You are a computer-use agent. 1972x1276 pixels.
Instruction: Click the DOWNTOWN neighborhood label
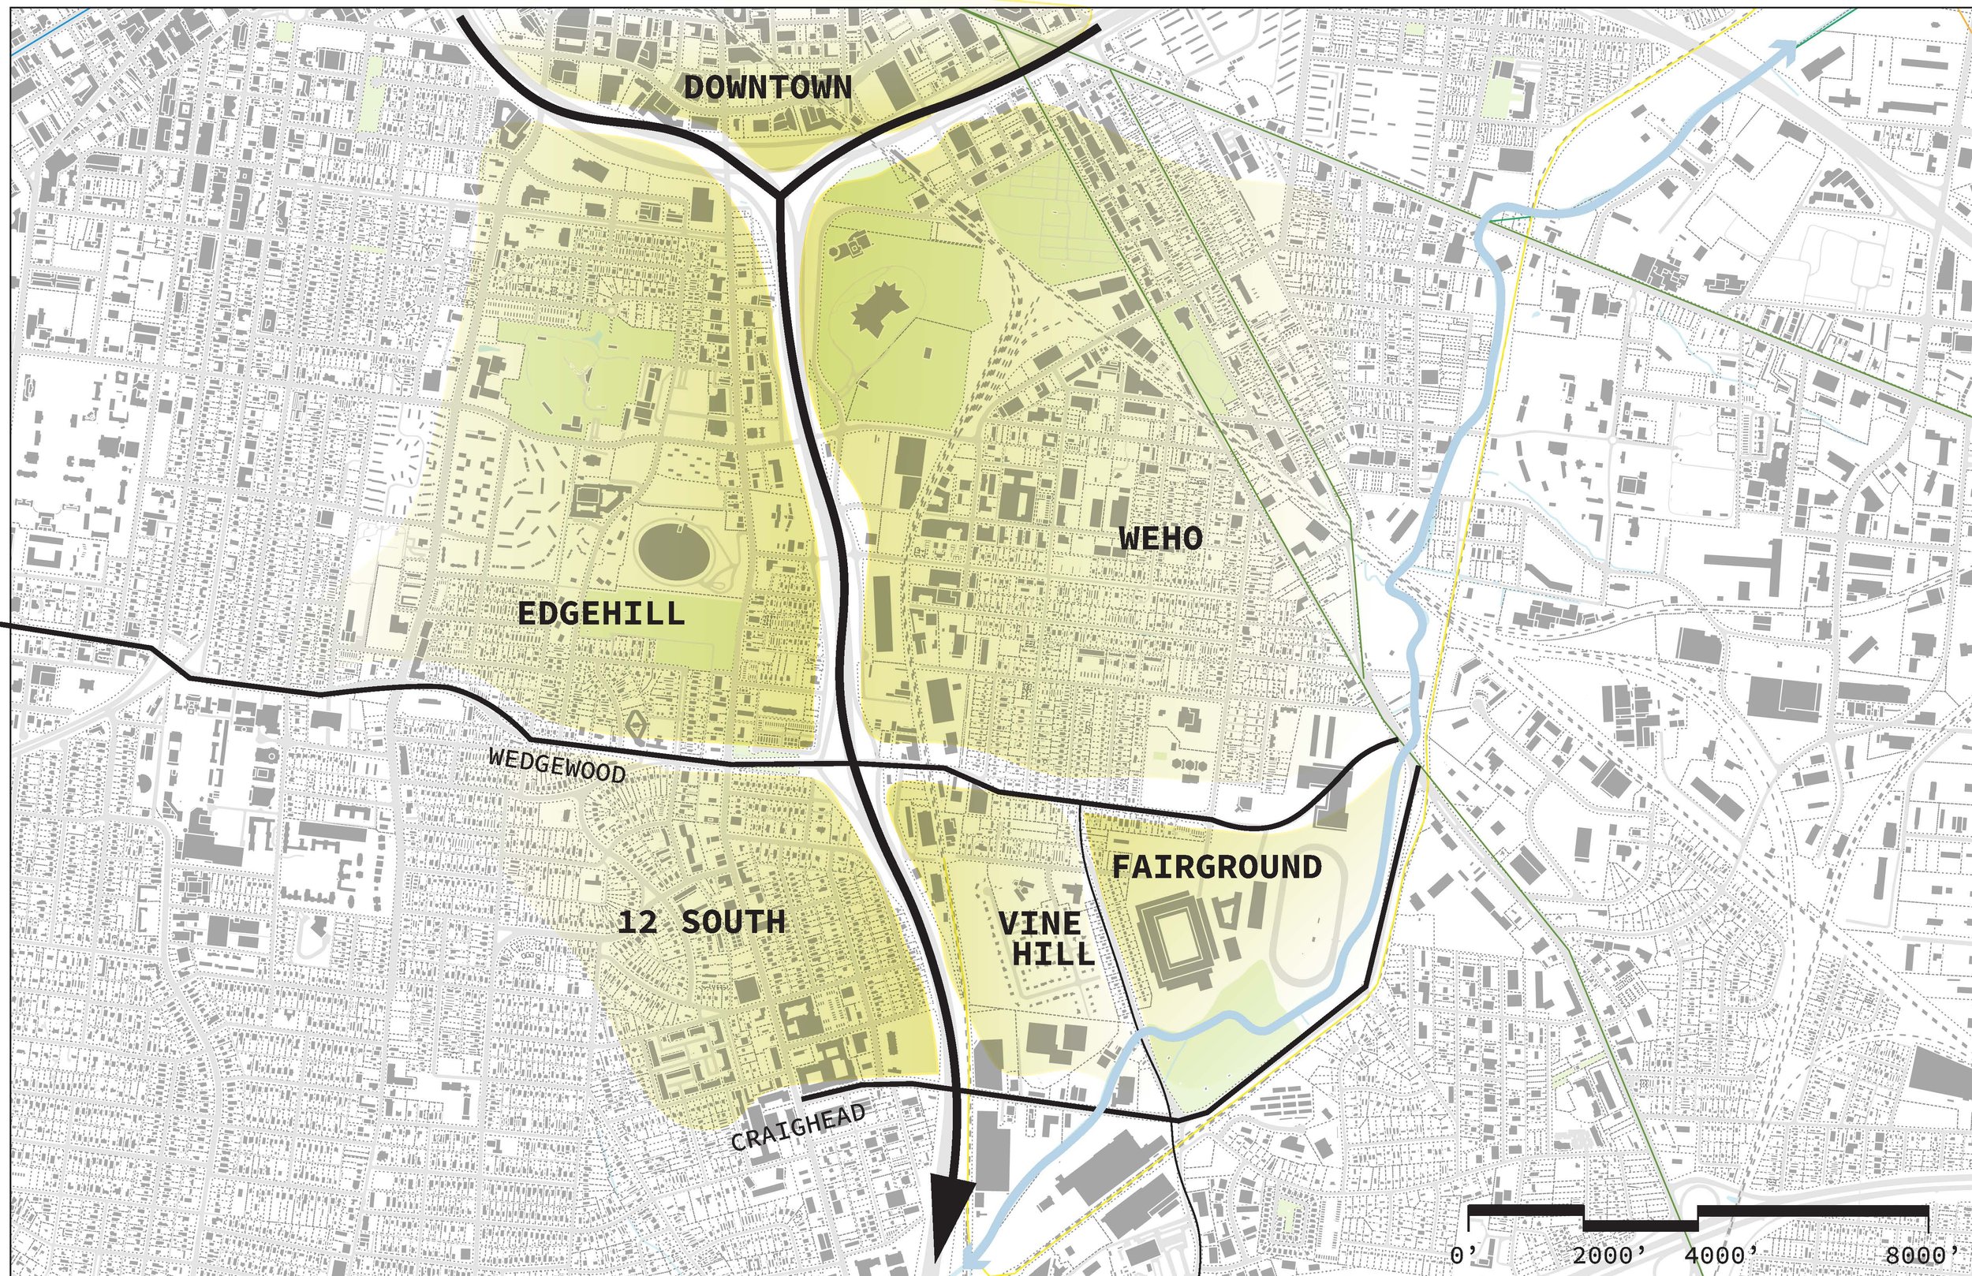[768, 87]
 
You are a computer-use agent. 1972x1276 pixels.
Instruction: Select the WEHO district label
[1160, 539]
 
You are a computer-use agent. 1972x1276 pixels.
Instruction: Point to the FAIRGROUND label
[1216, 867]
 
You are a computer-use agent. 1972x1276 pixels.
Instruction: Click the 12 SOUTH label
[701, 921]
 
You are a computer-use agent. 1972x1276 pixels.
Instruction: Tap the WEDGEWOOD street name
[557, 766]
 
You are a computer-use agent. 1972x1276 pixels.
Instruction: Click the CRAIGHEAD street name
[799, 1128]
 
